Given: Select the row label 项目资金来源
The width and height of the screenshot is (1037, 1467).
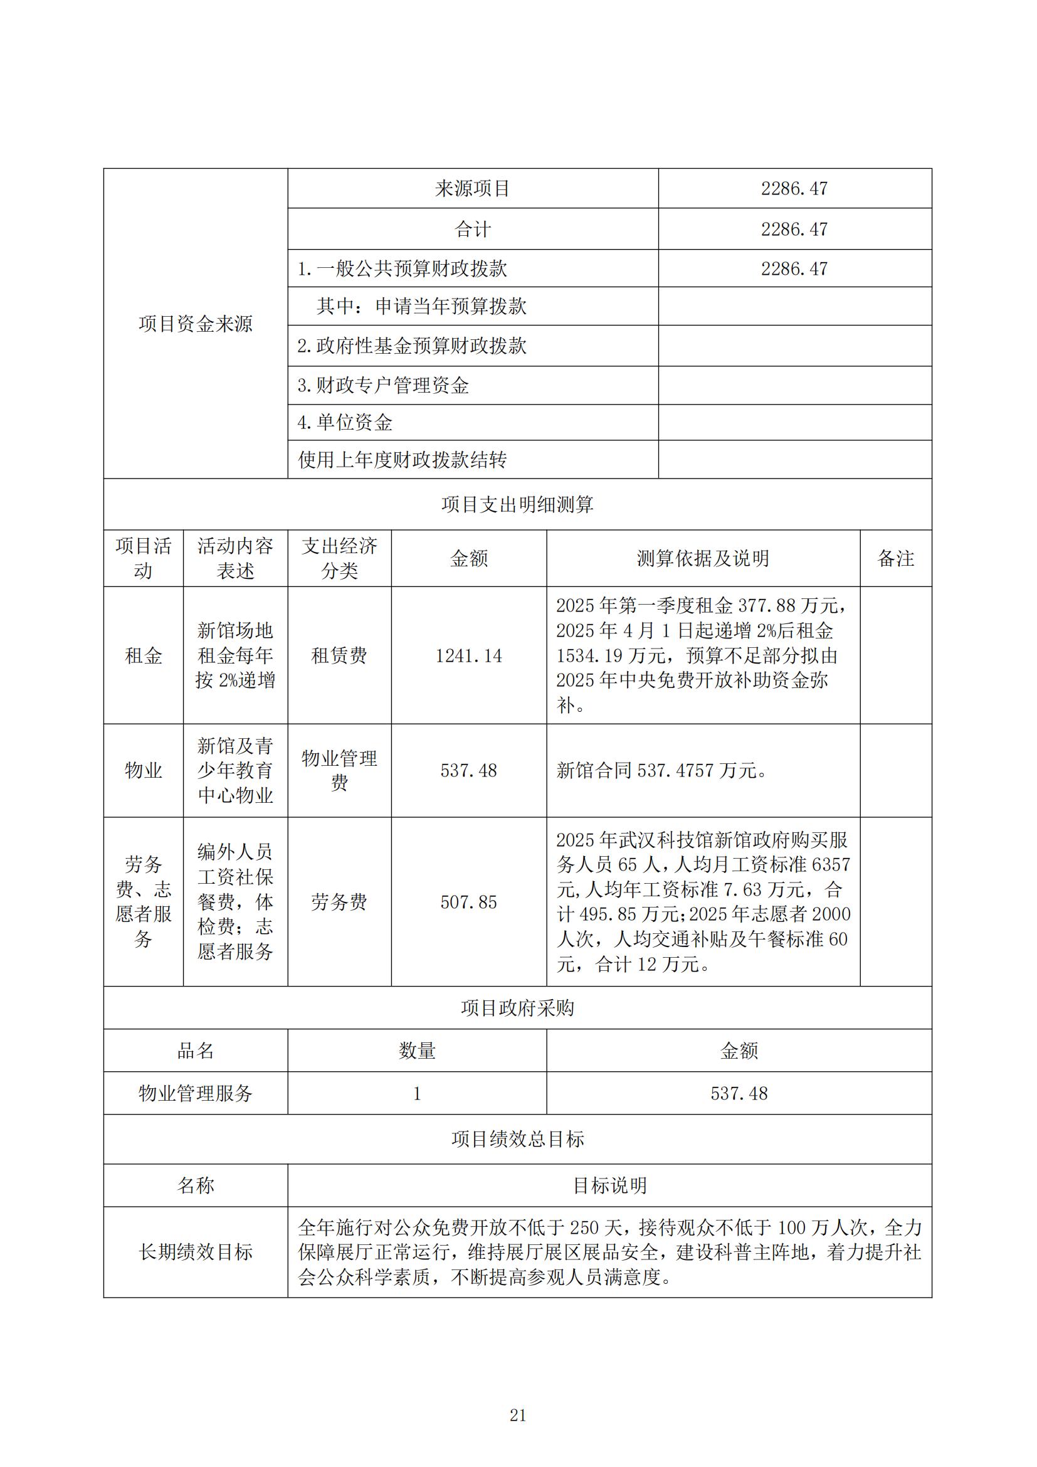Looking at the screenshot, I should click(x=196, y=324).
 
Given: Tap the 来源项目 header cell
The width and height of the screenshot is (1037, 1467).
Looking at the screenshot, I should click(x=473, y=189).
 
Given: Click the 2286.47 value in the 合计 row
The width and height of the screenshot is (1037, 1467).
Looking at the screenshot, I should click(x=794, y=229).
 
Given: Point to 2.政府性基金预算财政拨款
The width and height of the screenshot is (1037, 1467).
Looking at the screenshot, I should click(x=412, y=346).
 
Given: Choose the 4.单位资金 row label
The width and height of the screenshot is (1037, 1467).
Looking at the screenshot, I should click(x=345, y=422).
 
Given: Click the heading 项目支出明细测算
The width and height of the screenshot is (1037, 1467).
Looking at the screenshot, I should click(x=517, y=505).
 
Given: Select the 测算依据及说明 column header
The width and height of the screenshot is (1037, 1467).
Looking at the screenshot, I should click(x=703, y=558).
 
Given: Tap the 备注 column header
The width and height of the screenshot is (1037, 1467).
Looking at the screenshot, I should click(x=896, y=558).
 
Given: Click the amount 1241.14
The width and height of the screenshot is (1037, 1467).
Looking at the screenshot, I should click(x=469, y=655).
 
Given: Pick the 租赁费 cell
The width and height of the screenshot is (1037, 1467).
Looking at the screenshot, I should click(x=339, y=655).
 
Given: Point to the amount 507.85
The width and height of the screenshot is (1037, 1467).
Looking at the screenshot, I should click(x=469, y=902).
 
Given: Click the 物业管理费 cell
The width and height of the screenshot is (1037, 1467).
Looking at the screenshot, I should click(x=339, y=771).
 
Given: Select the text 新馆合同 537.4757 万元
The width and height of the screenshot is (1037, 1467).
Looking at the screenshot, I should click(x=661, y=771).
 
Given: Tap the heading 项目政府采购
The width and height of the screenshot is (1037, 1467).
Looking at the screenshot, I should click(x=517, y=1008).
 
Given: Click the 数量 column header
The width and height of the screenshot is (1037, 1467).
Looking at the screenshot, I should click(x=417, y=1051).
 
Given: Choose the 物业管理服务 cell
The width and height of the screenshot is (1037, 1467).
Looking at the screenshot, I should click(x=196, y=1093).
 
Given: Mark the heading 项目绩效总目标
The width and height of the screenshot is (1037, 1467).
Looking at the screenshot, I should click(x=517, y=1138).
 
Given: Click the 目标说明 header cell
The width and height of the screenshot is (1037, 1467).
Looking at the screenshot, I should click(x=610, y=1185).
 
